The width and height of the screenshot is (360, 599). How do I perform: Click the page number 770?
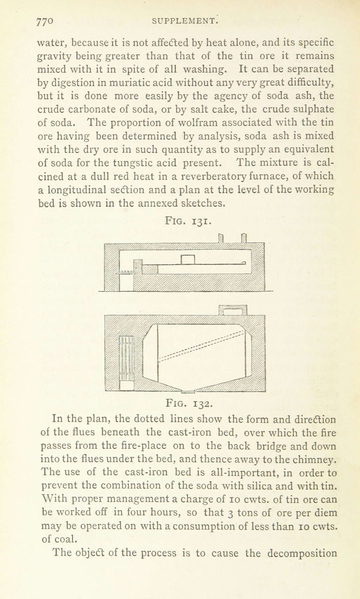coord(45,22)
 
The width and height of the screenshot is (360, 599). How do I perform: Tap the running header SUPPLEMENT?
coord(184,21)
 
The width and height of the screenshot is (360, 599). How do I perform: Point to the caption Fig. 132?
coord(189,403)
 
